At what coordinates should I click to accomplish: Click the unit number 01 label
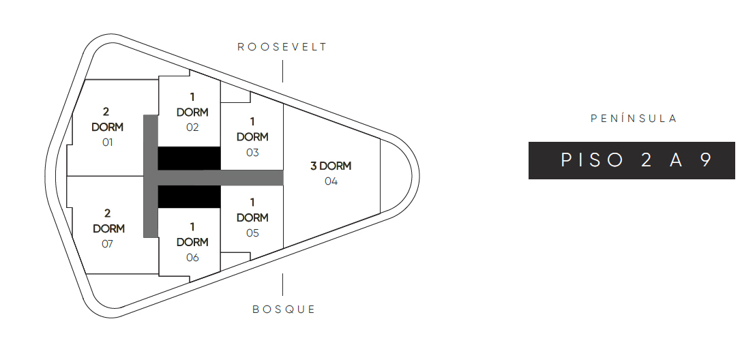(x=107, y=142)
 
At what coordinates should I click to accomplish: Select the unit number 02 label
(x=192, y=127)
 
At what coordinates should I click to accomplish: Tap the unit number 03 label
(x=252, y=153)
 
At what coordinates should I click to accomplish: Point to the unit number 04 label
(x=331, y=181)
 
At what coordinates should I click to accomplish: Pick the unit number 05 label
(x=252, y=233)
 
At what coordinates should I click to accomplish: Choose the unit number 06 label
(x=192, y=258)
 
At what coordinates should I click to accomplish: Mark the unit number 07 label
(x=107, y=244)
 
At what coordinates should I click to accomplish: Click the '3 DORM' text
(x=331, y=166)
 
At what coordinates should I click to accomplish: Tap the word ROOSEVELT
(x=282, y=47)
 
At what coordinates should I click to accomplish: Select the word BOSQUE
(x=284, y=310)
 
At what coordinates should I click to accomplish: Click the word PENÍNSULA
(x=634, y=119)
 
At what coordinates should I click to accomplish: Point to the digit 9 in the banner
(x=706, y=160)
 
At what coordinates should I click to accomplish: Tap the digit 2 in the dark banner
(x=646, y=160)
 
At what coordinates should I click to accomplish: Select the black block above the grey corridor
(x=189, y=158)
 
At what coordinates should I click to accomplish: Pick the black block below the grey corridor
(x=189, y=197)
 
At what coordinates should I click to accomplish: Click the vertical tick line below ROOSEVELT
(x=282, y=71)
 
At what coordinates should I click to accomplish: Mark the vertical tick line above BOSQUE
(x=282, y=284)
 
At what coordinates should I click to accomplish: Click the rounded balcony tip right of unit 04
(x=396, y=176)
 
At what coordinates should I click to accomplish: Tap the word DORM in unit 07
(x=108, y=228)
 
